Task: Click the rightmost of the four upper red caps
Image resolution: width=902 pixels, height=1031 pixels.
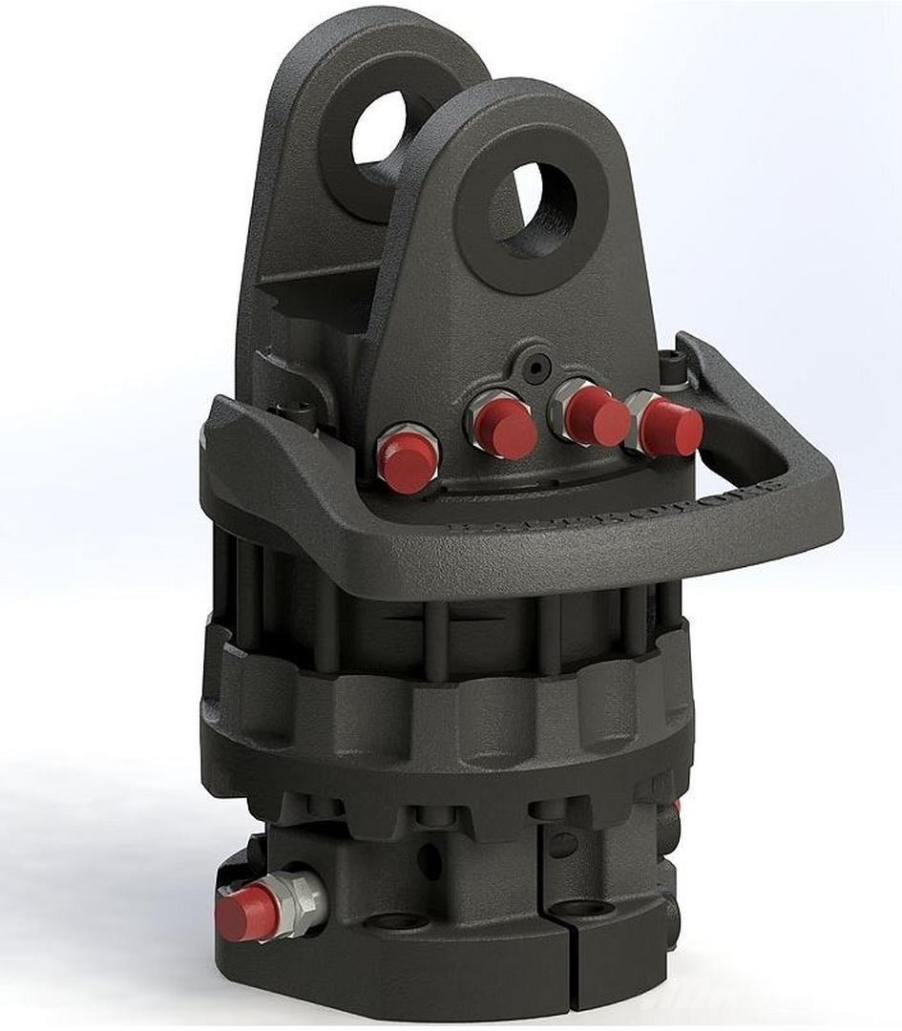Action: [x=671, y=427]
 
